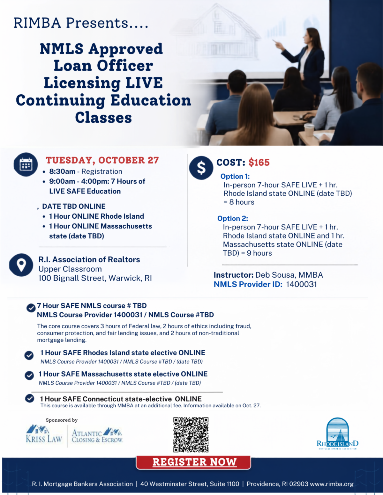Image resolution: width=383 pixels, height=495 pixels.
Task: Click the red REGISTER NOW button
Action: [x=193, y=462]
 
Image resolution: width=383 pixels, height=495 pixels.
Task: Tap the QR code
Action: [x=191, y=435]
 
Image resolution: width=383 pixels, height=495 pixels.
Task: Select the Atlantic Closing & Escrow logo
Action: [x=97, y=435]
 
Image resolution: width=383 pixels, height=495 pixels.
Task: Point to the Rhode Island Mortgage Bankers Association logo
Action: [x=337, y=433]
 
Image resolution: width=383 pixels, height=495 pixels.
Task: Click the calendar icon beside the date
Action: [x=26, y=164]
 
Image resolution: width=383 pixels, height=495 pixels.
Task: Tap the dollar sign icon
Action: [x=201, y=168]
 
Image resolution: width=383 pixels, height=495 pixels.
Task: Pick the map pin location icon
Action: [x=21, y=265]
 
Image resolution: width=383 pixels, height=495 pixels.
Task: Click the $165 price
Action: [x=259, y=163]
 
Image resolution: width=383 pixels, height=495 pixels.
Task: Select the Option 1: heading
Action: [x=235, y=176]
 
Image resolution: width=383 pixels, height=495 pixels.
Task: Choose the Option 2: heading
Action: [x=232, y=218]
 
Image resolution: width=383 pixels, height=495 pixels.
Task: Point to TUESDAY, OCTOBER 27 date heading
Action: [x=102, y=160]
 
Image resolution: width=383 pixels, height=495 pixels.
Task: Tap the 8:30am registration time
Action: [x=62, y=171]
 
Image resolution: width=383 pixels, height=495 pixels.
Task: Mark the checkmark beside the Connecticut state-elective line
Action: [x=29, y=398]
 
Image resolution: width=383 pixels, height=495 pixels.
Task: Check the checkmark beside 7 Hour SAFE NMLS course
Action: [x=31, y=308]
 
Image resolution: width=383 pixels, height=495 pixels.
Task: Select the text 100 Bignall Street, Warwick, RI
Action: [x=95, y=278]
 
